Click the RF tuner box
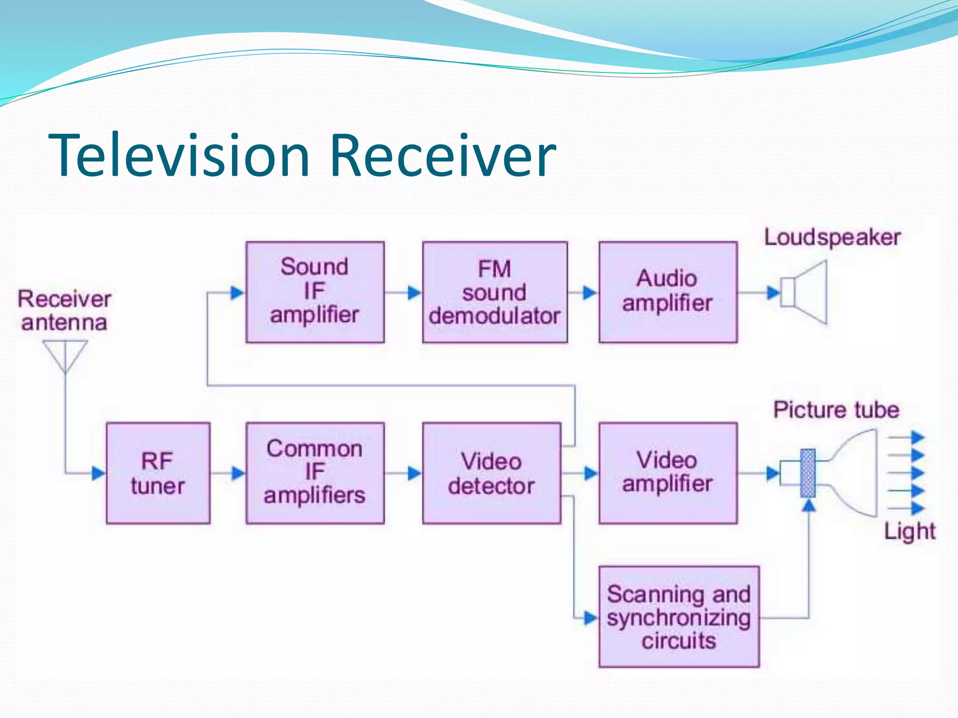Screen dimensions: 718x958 point(158,473)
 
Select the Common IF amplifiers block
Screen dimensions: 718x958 point(315,473)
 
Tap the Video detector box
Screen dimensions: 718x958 point(491,473)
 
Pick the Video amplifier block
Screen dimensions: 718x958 point(668,473)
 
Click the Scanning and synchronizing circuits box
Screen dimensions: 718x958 point(678,617)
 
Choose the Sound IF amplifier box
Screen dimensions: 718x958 point(315,292)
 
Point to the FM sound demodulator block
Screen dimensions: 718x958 point(494,292)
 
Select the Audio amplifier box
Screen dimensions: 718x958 point(668,292)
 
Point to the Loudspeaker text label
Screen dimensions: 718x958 point(832,237)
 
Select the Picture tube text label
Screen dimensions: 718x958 point(836,410)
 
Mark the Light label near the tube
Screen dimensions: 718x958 point(909,531)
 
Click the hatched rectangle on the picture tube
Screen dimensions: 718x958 point(808,473)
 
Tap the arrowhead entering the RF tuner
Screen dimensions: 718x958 point(98,473)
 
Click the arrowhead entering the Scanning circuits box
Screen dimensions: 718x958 point(591,618)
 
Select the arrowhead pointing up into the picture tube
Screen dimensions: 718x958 point(808,505)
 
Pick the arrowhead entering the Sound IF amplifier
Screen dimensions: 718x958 point(237,293)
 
